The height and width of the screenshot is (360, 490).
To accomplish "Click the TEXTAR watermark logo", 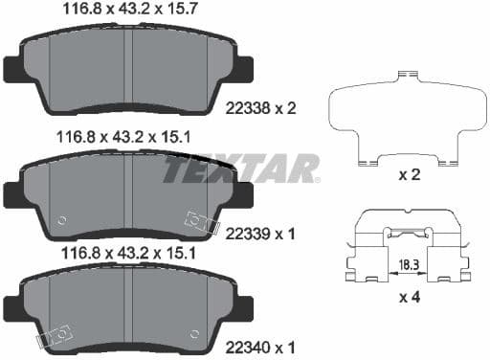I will click(239, 169).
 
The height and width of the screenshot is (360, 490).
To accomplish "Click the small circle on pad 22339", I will click(62, 219).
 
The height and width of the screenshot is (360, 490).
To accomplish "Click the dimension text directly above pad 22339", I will click(127, 137).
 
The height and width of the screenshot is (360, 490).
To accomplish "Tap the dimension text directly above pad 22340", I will click(127, 254).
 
